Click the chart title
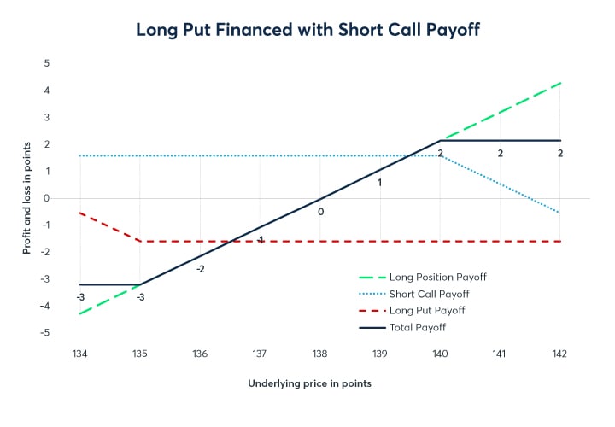[307, 29]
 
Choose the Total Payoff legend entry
[417, 327]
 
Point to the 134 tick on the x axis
[79, 354]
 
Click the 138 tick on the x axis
[319, 354]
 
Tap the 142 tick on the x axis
[559, 354]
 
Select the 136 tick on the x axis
[200, 354]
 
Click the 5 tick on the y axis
[47, 63]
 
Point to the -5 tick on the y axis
[45, 333]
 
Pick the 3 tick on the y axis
[47, 117]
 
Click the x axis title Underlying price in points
[309, 383]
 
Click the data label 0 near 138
[320, 210]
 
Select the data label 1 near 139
[380, 183]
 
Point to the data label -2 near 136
[200, 269]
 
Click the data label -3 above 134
[79, 296]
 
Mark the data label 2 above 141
[501, 153]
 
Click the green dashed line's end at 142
[559, 83]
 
